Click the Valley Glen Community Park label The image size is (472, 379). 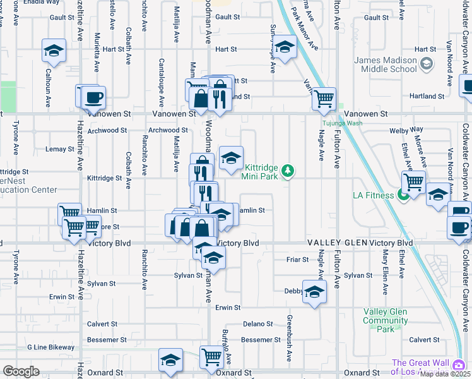click(385, 320)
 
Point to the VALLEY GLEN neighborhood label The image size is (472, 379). click(337, 243)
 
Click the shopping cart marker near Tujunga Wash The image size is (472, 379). click(324, 98)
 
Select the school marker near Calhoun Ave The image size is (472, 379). click(54, 51)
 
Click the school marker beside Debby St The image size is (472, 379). click(314, 292)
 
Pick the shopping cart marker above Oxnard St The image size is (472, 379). click(211, 358)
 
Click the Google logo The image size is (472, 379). click(21, 371)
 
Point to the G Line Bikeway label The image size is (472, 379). click(50, 347)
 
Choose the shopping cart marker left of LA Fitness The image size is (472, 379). click(413, 182)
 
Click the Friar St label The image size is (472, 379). click(297, 259)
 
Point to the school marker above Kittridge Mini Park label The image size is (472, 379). click(231, 159)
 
